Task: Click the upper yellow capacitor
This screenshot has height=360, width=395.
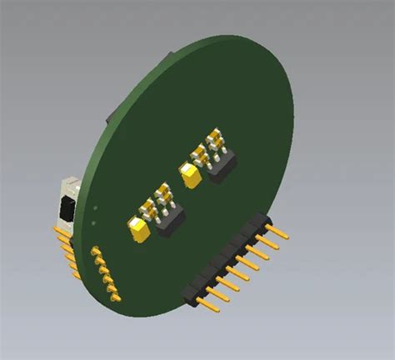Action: click(191, 173)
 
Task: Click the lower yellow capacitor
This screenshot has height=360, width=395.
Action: click(138, 227)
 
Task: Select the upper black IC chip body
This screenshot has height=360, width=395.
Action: click(222, 167)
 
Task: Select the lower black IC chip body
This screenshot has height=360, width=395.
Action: click(171, 219)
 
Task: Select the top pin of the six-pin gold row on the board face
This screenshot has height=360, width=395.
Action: click(97, 249)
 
